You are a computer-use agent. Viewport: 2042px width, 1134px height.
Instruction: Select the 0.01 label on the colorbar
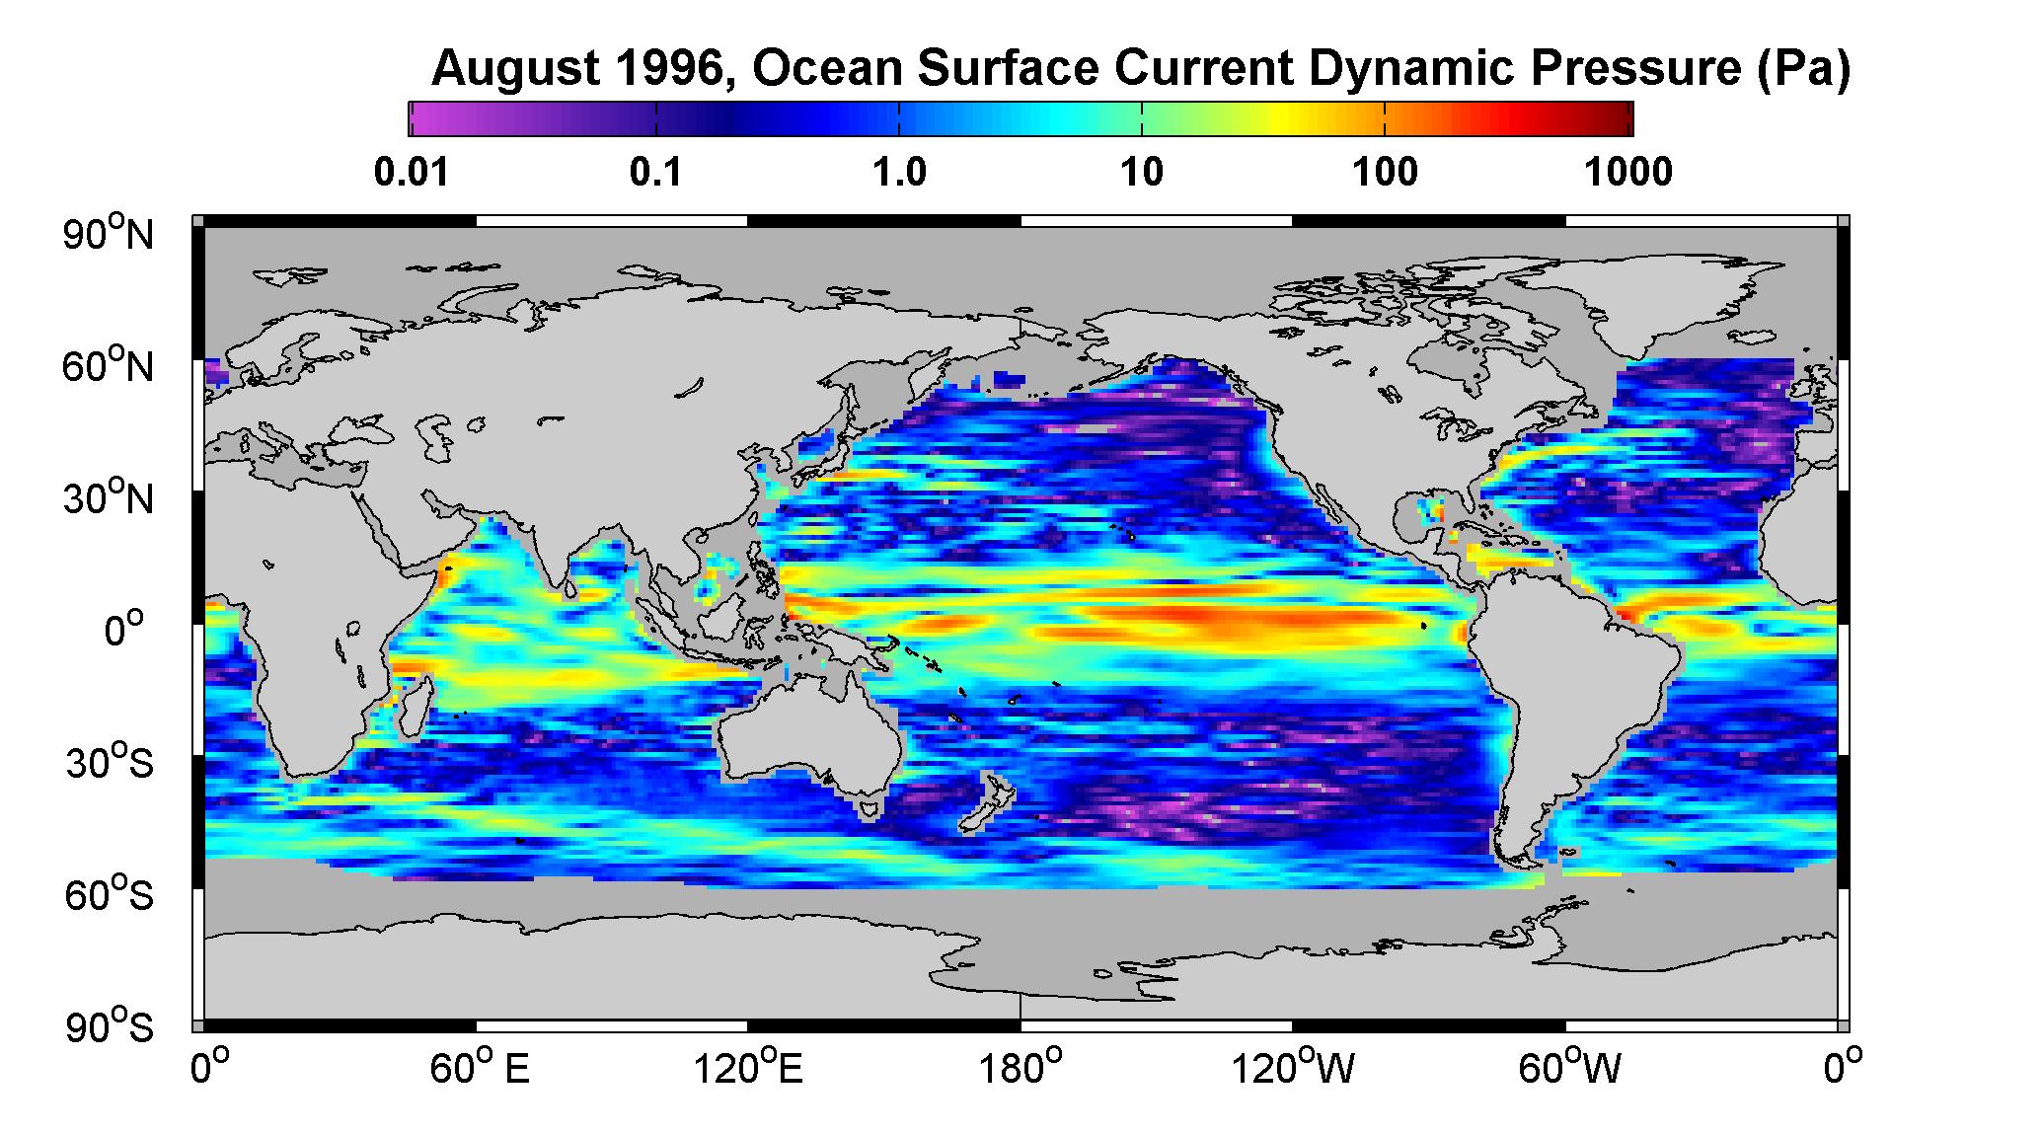tap(412, 173)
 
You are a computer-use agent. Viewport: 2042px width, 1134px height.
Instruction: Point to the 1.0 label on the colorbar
tap(899, 173)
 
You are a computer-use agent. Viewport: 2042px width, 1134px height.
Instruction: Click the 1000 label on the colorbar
tap(1628, 173)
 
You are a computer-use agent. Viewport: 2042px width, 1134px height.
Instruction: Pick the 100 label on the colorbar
tap(1385, 173)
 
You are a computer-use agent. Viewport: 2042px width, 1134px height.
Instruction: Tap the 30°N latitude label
tap(110, 497)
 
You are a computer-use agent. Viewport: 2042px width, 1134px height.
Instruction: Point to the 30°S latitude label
tap(110, 762)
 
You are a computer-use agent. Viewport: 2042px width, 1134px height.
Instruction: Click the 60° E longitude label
tap(480, 1067)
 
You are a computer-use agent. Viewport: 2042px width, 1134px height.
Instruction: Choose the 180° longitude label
tap(1021, 1067)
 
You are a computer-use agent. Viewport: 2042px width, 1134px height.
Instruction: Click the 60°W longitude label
tap(1570, 1067)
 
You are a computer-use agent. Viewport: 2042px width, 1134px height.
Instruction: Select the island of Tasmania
tap(869, 810)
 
